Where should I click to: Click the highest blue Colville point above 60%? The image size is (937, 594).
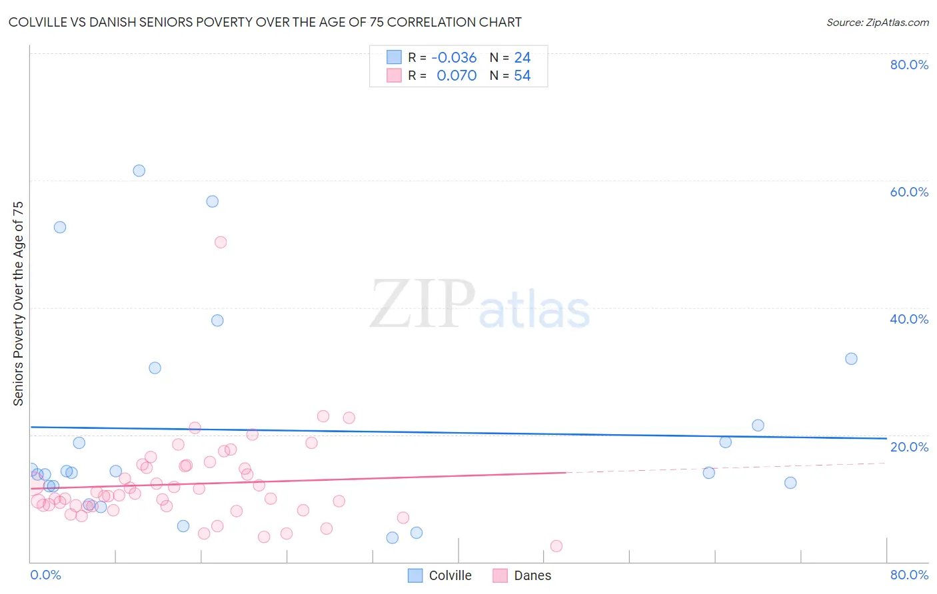pyautogui.click(x=139, y=170)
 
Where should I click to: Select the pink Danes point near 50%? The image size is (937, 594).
pyautogui.click(x=221, y=242)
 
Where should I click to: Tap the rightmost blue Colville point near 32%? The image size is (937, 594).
pyautogui.click(x=851, y=359)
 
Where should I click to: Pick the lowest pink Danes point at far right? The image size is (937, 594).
pyautogui.click(x=556, y=546)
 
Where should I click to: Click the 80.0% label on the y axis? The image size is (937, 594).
pyautogui.click(x=909, y=65)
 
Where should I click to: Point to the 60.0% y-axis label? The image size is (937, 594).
pyautogui.click(x=909, y=192)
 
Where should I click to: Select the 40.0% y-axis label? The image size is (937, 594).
pyautogui.click(x=909, y=319)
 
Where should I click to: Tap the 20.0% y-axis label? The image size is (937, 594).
pyautogui.click(x=909, y=447)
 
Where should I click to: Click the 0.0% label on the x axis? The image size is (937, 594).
pyautogui.click(x=45, y=575)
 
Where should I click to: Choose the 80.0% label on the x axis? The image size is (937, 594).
pyautogui.click(x=909, y=575)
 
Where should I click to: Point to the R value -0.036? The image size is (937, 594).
pyautogui.click(x=454, y=58)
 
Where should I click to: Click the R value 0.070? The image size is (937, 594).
pyautogui.click(x=457, y=76)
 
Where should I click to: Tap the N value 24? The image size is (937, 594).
pyautogui.click(x=522, y=58)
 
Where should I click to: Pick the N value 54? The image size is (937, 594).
pyautogui.click(x=522, y=76)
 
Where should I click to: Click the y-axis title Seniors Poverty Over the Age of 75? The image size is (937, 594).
pyautogui.click(x=18, y=304)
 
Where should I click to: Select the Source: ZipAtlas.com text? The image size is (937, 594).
pyautogui.click(x=877, y=23)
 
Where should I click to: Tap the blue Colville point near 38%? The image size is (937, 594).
pyautogui.click(x=217, y=320)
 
